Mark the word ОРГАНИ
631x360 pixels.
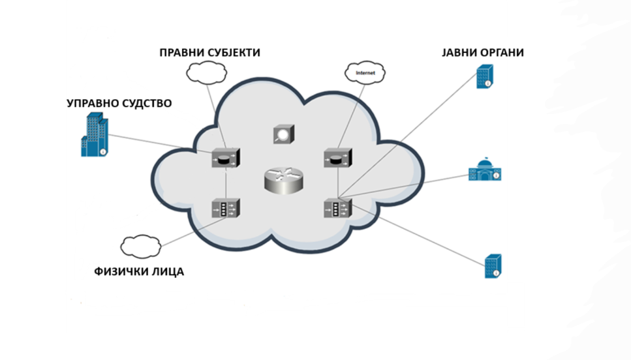point(501,53)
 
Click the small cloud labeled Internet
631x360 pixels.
point(365,73)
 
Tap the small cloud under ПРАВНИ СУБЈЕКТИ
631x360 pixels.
point(206,73)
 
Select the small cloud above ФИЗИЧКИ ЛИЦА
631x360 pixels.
point(141,247)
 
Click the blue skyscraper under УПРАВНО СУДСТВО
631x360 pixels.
point(95,134)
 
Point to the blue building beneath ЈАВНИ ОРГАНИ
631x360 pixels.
point(485,77)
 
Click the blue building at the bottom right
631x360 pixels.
point(493,266)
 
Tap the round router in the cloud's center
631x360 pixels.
point(284,181)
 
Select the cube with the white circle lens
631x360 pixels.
point(284,134)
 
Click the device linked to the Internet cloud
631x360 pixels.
point(338,158)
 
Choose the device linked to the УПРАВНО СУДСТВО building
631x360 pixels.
point(226,158)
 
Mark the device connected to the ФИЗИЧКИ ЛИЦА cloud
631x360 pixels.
point(226,208)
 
